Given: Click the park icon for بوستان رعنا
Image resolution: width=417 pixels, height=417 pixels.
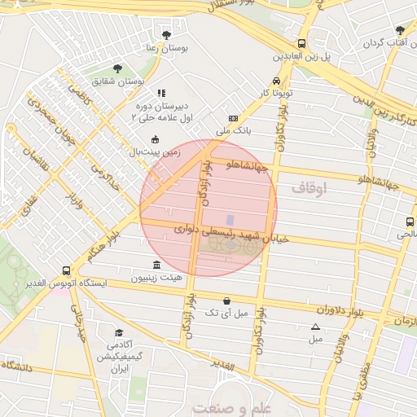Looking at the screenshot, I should pyautogui.click(x=167, y=35).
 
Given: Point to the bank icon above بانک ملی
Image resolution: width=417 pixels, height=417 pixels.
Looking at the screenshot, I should pyautogui.click(x=234, y=117).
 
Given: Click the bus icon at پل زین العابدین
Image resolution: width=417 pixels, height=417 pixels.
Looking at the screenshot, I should pyautogui.click(x=301, y=43).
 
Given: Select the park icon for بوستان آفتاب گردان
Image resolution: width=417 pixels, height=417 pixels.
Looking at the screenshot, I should pyautogui.click(x=399, y=30).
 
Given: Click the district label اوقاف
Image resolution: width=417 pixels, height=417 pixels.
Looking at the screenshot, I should pyautogui.click(x=309, y=188).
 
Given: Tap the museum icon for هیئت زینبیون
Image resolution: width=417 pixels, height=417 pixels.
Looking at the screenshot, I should pyautogui.click(x=156, y=265).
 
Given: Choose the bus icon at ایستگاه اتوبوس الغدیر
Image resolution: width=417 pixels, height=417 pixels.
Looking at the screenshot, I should pyautogui.click(x=66, y=270).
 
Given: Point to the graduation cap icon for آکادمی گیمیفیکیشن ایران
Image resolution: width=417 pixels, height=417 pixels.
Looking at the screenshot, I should pyautogui.click(x=119, y=333).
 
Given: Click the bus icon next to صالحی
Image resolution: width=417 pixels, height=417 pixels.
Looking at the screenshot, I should pyautogui.click(x=408, y=221).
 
